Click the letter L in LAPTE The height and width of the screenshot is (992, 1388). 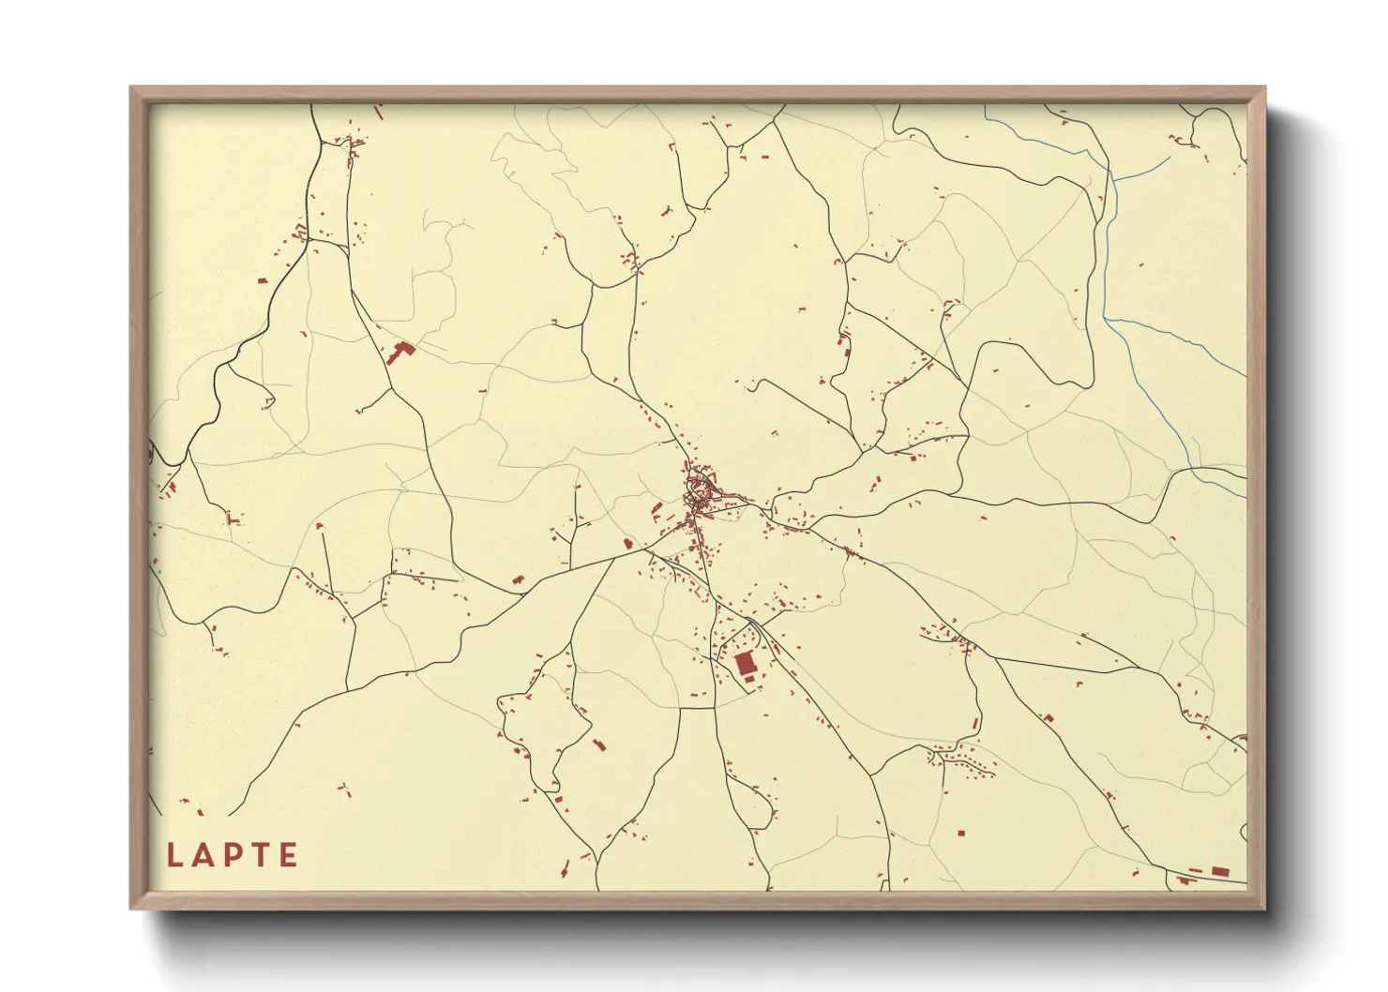pyautogui.click(x=174, y=855)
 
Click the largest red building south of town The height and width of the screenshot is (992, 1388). pyautogui.click(x=746, y=664)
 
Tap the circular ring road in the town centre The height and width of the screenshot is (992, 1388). pyautogui.click(x=699, y=488)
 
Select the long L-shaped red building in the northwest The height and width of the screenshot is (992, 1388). pyautogui.click(x=400, y=353)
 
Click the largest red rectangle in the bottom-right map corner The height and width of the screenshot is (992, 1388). pyautogui.click(x=1219, y=871)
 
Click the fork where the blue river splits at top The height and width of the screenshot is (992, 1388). pyautogui.click(x=1109, y=178)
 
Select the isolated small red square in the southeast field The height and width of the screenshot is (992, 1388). pyautogui.click(x=960, y=832)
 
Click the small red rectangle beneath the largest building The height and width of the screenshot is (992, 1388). pyautogui.click(x=749, y=679)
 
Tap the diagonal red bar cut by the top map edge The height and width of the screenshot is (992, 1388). pyautogui.click(x=379, y=112)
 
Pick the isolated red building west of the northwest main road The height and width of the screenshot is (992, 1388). pyautogui.click(x=262, y=279)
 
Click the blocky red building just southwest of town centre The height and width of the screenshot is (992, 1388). pyautogui.click(x=656, y=510)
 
